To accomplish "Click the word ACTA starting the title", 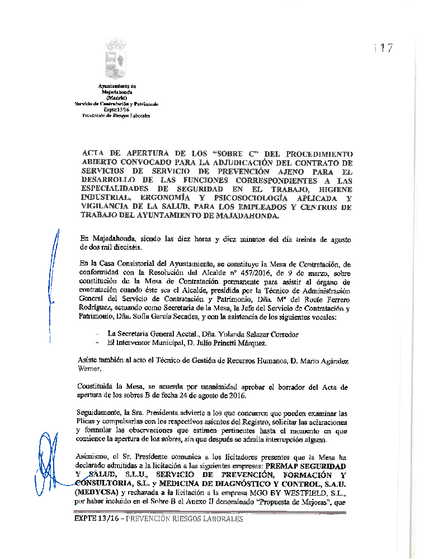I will pyautogui.click(x=94, y=153).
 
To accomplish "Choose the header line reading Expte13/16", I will pyautogui.click(x=116, y=110).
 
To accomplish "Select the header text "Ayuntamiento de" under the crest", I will pyautogui.click(x=116, y=86).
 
